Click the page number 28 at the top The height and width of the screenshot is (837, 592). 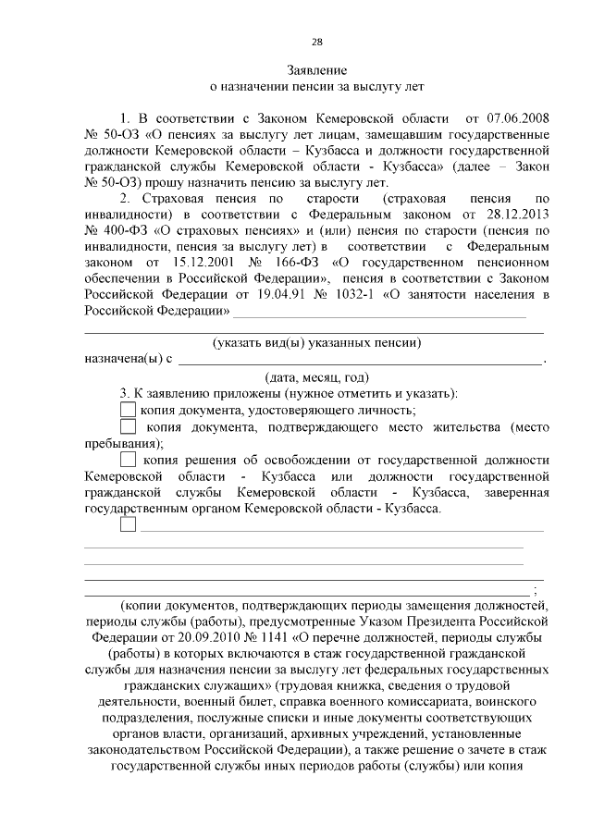[316, 42]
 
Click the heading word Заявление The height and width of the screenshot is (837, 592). [316, 70]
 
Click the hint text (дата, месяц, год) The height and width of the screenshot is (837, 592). [316, 376]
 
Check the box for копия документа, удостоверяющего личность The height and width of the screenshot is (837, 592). [129, 410]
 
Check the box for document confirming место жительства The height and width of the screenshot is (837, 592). [129, 427]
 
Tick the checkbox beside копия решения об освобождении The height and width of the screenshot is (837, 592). [129, 459]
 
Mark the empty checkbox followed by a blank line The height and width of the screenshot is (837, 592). [129, 524]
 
